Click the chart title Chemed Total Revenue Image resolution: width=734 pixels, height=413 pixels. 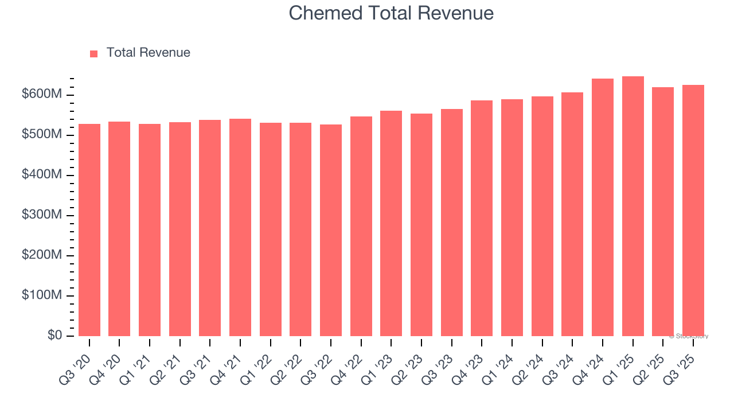point(391,13)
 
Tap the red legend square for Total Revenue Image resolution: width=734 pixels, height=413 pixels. point(94,53)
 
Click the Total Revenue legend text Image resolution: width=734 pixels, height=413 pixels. point(148,53)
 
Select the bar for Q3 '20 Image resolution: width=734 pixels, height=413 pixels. point(89,229)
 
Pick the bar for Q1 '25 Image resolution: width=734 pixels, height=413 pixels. point(633,206)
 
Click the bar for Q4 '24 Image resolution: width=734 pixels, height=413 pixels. point(603,208)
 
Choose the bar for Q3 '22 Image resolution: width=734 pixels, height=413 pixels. point(331,230)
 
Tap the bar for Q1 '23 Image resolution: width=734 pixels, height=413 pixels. point(391,224)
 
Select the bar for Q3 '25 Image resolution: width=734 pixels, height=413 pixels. point(693,211)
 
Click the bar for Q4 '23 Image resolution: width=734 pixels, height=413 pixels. point(482,218)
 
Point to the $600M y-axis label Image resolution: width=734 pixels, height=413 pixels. point(41,94)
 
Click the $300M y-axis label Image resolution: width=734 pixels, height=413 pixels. point(41,215)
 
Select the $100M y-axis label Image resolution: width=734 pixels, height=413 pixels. point(41,295)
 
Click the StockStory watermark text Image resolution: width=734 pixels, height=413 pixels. point(689,336)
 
